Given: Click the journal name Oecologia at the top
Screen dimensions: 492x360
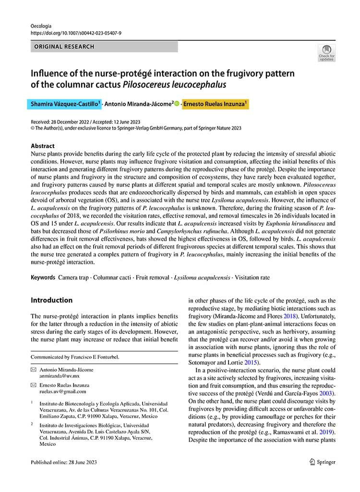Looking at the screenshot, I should click(x=41, y=25).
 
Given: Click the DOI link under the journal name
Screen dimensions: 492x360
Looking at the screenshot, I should click(x=76, y=33).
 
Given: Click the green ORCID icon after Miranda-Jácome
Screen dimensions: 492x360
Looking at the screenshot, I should click(x=177, y=103).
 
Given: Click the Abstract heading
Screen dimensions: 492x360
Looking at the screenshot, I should click(x=43, y=146).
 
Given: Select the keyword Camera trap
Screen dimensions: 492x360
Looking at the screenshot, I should click(x=73, y=278).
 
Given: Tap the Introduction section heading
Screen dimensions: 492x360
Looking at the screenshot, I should click(x=52, y=300).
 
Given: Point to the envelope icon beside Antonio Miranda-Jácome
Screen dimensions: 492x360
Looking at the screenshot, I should click(x=33, y=370).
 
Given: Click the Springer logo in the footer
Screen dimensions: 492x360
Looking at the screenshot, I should click(x=323, y=462).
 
